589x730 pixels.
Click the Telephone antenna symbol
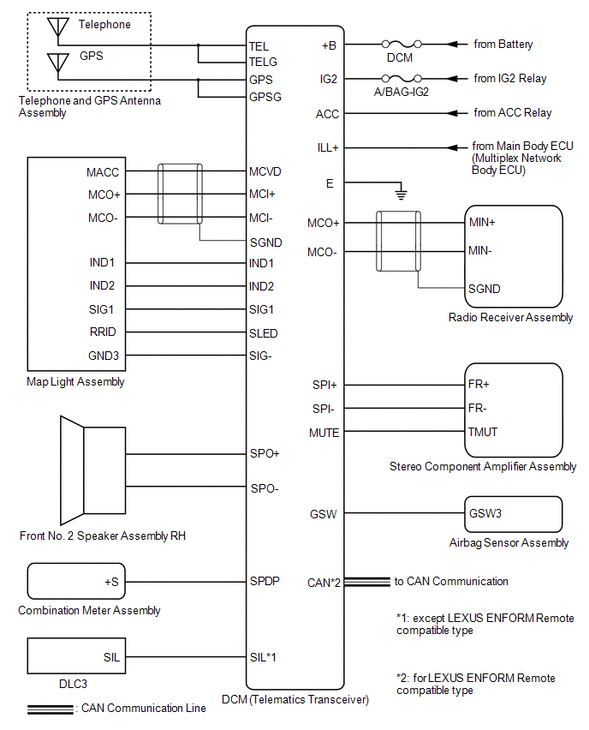click(58, 29)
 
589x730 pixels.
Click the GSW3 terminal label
click(485, 515)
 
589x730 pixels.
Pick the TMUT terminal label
click(483, 433)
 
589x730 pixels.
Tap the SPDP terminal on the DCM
click(265, 580)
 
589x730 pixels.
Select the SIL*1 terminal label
click(263, 658)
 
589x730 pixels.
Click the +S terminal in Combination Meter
click(112, 581)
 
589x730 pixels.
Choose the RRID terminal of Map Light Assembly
click(103, 332)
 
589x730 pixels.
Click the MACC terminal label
click(103, 172)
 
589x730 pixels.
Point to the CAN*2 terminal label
click(324, 583)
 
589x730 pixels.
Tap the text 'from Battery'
click(504, 43)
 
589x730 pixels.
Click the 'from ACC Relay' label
click(512, 112)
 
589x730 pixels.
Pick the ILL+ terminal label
click(328, 147)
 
